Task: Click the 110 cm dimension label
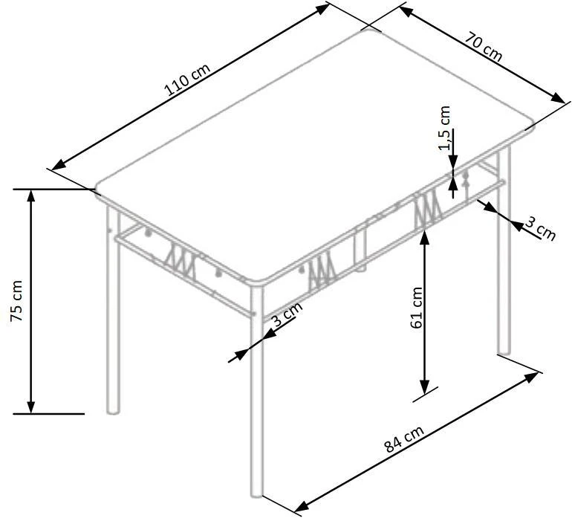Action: click(188, 82)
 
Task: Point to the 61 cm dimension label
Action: click(416, 307)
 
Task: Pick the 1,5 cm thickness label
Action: click(445, 128)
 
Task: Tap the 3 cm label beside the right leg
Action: click(540, 228)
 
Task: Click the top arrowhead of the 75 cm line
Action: click(31, 195)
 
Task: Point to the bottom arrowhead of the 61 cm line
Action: click(424, 388)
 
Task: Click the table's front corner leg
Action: click(257, 394)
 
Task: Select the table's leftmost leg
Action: click(113, 312)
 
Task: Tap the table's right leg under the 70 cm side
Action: click(504, 253)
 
